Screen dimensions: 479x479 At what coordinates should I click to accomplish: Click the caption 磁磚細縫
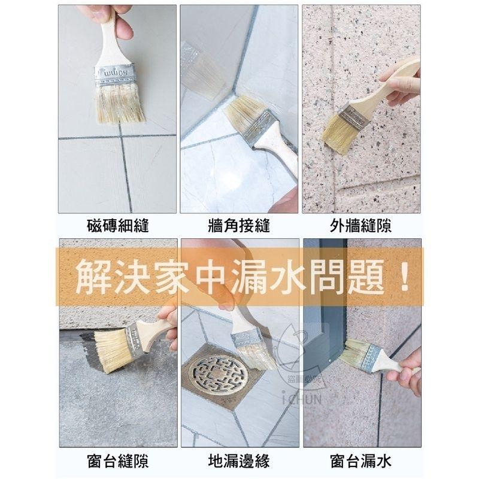[x=117, y=226]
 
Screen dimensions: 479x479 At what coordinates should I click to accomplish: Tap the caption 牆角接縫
[x=238, y=226]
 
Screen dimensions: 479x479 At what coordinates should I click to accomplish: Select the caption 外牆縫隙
[x=360, y=226]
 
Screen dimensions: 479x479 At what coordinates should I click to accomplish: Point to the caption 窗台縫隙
[x=117, y=462]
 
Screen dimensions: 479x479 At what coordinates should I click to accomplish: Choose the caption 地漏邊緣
[x=238, y=462]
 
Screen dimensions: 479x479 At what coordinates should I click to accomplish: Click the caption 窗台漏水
[x=360, y=462]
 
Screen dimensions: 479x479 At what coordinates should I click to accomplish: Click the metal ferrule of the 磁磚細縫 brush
[x=115, y=74]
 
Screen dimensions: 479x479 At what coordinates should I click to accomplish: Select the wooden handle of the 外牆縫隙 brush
[x=389, y=84]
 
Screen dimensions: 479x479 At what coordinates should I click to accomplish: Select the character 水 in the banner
[x=284, y=277]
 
